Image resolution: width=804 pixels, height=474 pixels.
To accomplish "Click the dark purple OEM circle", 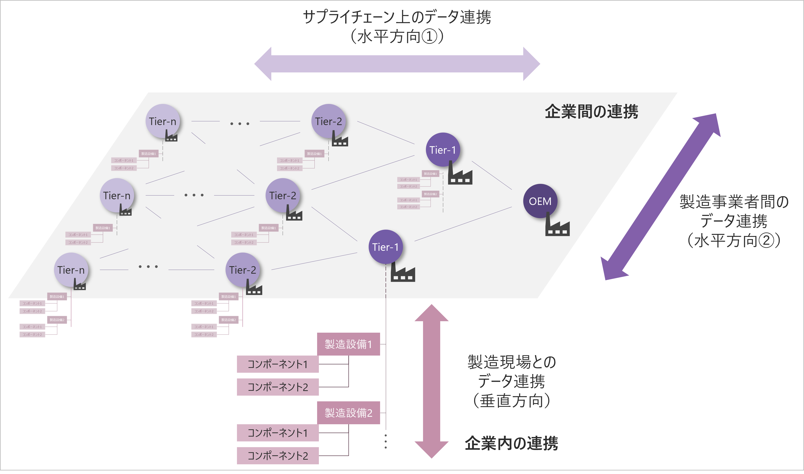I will [x=540, y=201].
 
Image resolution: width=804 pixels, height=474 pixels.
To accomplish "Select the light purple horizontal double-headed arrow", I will [x=397, y=64].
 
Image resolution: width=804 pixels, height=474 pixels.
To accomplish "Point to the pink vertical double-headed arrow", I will [x=432, y=381].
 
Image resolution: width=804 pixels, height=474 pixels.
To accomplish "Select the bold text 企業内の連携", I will [x=511, y=443].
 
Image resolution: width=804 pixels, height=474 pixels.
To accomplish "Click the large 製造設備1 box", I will [x=348, y=344].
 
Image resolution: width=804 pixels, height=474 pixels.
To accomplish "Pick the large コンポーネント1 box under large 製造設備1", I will [x=278, y=364].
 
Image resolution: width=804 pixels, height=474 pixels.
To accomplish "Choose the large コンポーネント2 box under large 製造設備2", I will [x=278, y=456].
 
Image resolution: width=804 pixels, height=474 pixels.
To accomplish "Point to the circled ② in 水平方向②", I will [x=766, y=240].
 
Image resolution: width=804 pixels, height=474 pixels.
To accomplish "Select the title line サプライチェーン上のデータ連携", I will [x=397, y=17].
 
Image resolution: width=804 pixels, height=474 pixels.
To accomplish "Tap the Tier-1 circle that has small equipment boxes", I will [x=443, y=150].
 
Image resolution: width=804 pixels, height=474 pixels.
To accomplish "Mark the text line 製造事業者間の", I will [x=734, y=202].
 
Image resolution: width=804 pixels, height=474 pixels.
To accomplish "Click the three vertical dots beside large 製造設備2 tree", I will [x=386, y=442].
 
